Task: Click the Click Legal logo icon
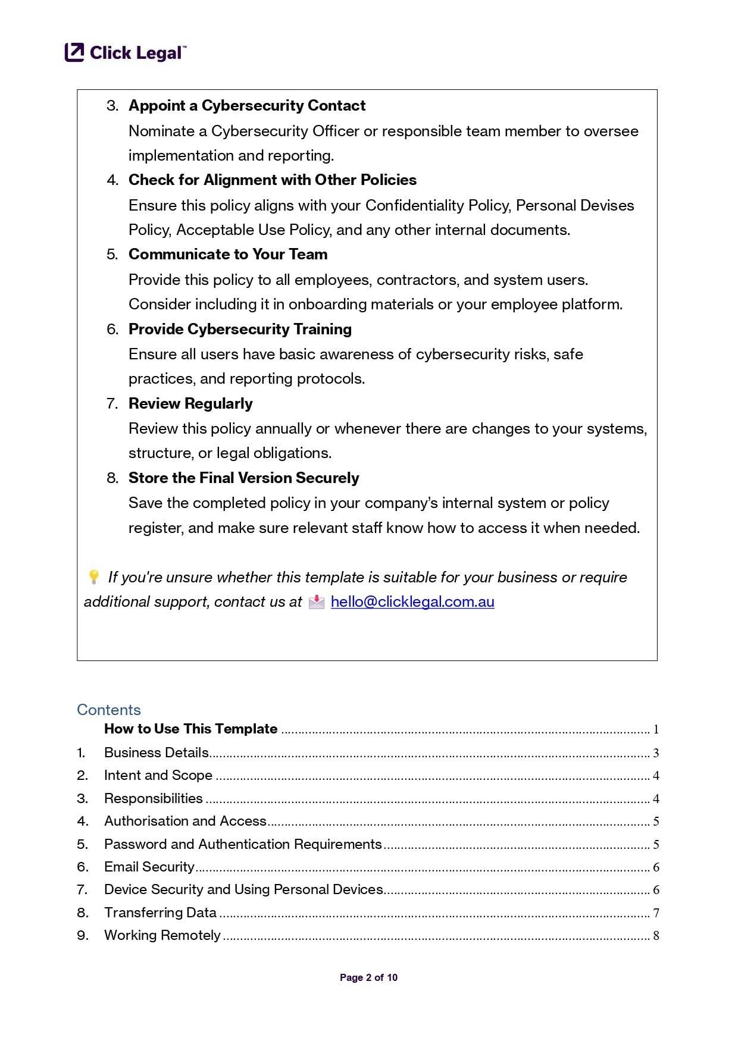point(74,52)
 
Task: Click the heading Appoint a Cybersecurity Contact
point(247,105)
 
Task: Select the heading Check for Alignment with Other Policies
point(272,180)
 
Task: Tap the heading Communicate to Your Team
point(228,254)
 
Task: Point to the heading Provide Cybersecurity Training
point(240,329)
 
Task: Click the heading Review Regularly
point(190,403)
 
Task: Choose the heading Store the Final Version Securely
point(243,478)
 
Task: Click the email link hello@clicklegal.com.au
point(412,601)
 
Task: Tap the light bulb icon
point(93,577)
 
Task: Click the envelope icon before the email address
point(317,602)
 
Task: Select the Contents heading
point(109,710)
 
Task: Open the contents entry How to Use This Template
point(190,729)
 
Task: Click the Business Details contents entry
point(156,753)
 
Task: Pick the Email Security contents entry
point(149,867)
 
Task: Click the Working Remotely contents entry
point(162,935)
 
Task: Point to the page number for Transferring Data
point(656,913)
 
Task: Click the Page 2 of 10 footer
point(368,977)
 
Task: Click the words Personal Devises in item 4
point(574,205)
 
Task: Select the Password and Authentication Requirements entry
point(242,844)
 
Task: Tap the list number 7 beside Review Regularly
point(112,403)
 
